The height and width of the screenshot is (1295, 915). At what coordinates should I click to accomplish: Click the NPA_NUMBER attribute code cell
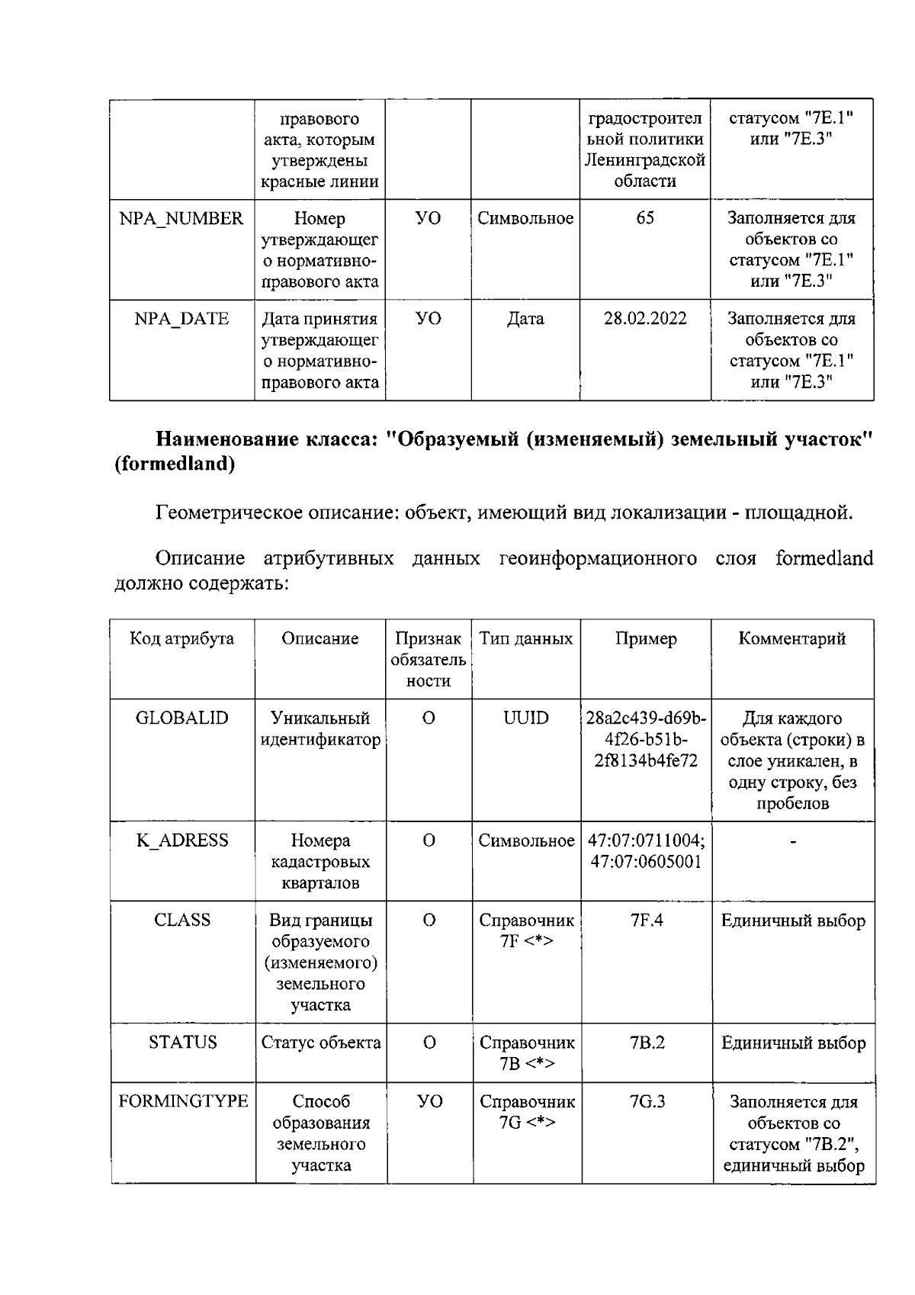click(181, 219)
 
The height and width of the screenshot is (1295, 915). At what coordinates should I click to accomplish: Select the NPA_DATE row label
click(181, 319)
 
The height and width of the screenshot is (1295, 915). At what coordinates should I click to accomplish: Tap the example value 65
click(645, 219)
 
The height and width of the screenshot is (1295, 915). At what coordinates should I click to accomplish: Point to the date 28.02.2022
click(645, 319)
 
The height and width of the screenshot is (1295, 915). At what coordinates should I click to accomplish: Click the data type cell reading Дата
click(525, 319)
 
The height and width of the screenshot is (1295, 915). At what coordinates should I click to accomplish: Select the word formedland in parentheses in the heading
click(174, 464)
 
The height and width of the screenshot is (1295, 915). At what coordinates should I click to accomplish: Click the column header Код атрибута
click(181, 639)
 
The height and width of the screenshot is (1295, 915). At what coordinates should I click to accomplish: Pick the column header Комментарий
click(792, 639)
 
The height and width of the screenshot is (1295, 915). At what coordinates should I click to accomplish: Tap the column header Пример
click(646, 639)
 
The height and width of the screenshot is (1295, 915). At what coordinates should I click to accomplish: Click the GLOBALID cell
click(181, 718)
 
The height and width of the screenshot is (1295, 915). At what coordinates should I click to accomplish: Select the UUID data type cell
click(525, 718)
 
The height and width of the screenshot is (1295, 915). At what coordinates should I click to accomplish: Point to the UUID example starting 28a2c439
click(646, 740)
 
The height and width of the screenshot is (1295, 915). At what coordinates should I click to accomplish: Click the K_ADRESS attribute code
click(181, 840)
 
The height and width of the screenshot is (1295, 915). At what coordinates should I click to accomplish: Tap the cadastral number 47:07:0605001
click(646, 862)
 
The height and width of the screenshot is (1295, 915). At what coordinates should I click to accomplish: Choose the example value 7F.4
click(647, 921)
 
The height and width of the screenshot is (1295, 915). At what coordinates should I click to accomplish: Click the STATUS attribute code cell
click(182, 1043)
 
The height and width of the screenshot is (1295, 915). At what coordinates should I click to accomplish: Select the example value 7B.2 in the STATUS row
click(647, 1043)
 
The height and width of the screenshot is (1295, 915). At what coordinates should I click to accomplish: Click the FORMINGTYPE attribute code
click(183, 1101)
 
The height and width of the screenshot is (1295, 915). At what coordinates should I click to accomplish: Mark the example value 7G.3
click(647, 1101)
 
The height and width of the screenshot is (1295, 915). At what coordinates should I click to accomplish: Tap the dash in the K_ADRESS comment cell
click(793, 842)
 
